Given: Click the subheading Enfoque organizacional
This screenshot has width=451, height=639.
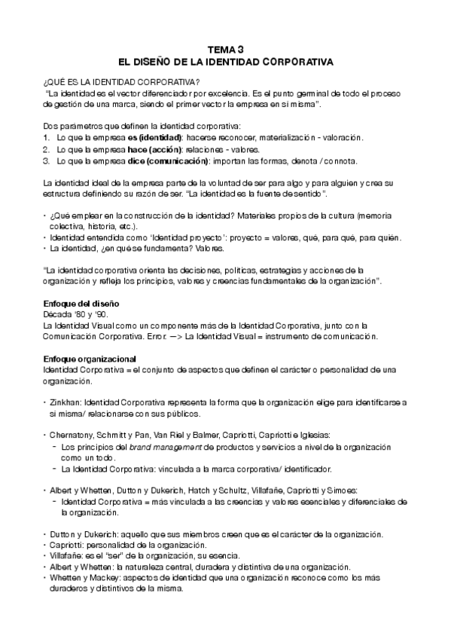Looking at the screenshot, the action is (x=89, y=358).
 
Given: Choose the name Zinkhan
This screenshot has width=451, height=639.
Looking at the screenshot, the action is (x=67, y=402).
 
